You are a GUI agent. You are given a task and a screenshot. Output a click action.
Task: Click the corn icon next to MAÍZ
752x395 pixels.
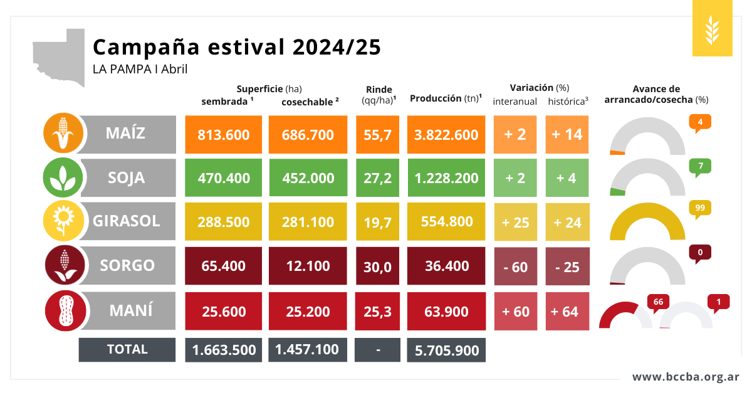pos(63,134)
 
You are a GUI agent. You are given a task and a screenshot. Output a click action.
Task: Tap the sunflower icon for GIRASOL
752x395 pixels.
pos(63,221)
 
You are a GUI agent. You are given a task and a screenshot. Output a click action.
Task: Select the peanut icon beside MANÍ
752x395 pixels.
pos(63,311)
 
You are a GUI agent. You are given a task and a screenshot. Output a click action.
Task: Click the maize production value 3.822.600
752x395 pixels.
pos(446,135)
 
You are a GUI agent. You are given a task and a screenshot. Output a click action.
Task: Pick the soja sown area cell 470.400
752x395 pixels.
pos(223,178)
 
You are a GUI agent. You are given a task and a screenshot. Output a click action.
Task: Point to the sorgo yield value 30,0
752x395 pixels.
pos(377,266)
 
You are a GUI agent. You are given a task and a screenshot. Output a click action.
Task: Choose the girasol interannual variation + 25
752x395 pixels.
pos(515,223)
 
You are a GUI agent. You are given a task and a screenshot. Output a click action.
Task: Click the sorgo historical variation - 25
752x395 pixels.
pos(567,266)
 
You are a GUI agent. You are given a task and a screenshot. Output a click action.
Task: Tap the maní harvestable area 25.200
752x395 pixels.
pos(307,312)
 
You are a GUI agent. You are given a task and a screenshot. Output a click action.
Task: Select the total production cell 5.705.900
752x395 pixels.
pos(446,350)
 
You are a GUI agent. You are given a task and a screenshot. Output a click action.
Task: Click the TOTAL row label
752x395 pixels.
pos(127,349)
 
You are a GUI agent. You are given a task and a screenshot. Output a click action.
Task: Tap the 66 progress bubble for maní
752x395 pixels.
pos(658,302)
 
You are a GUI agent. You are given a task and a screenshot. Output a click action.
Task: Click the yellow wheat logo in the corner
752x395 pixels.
pos(712,29)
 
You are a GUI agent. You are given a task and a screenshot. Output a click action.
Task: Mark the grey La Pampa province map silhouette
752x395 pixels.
pos(60,56)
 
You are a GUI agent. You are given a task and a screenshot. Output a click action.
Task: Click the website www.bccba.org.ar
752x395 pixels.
pos(686,377)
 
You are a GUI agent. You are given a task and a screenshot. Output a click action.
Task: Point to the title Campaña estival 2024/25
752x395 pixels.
pos(236,47)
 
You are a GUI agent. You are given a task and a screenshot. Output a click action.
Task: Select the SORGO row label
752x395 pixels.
pos(127,265)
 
